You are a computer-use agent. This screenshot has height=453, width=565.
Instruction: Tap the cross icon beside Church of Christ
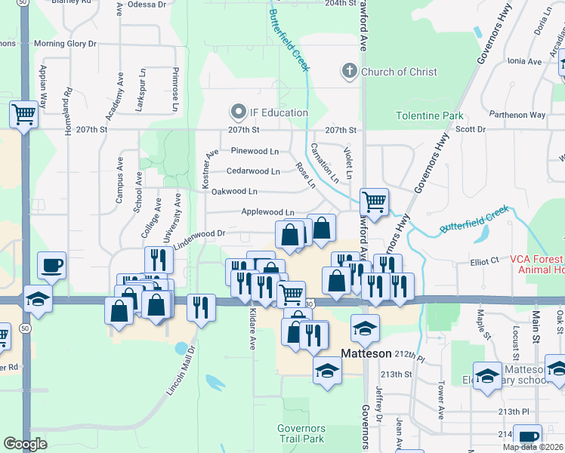pyautogui.click(x=349, y=72)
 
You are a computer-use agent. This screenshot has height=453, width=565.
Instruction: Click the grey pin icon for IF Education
pyautogui.click(x=239, y=113)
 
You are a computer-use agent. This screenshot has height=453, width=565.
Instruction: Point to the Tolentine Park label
pyautogui.click(x=430, y=116)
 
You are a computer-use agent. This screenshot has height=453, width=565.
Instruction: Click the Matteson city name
pyautogui.click(x=366, y=353)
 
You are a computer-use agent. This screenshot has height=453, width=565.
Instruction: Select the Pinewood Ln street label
pyautogui.click(x=255, y=151)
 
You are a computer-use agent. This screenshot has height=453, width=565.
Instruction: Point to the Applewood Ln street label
pyautogui.click(x=267, y=213)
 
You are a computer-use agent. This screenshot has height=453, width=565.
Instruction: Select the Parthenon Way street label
pyautogui.click(x=517, y=115)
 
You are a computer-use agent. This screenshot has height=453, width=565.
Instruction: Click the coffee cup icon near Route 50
pyautogui.click(x=51, y=265)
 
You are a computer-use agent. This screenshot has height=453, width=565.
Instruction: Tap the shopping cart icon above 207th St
pyautogui.click(x=23, y=115)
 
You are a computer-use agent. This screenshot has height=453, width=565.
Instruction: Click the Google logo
pyautogui.click(x=25, y=444)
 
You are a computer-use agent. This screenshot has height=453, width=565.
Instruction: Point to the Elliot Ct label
pyautogui.click(x=484, y=260)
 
